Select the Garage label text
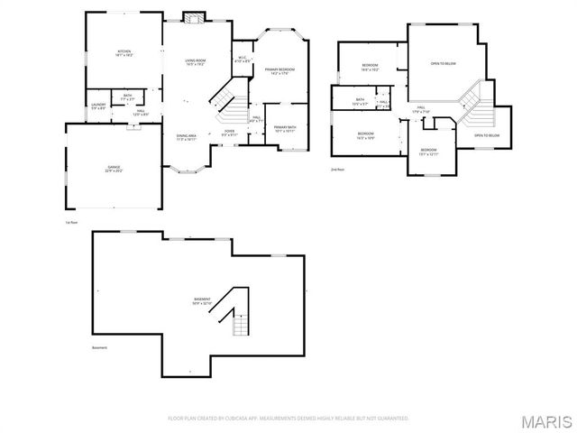click(113, 169)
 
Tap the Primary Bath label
click(285, 129)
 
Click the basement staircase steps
click(240, 320)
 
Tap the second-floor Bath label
click(360, 102)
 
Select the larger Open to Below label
click(442, 63)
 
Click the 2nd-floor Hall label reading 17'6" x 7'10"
click(422, 109)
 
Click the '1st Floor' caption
click(71, 221)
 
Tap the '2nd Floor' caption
click(338, 169)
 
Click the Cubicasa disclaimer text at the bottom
click(288, 419)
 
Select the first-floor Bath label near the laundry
click(128, 97)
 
